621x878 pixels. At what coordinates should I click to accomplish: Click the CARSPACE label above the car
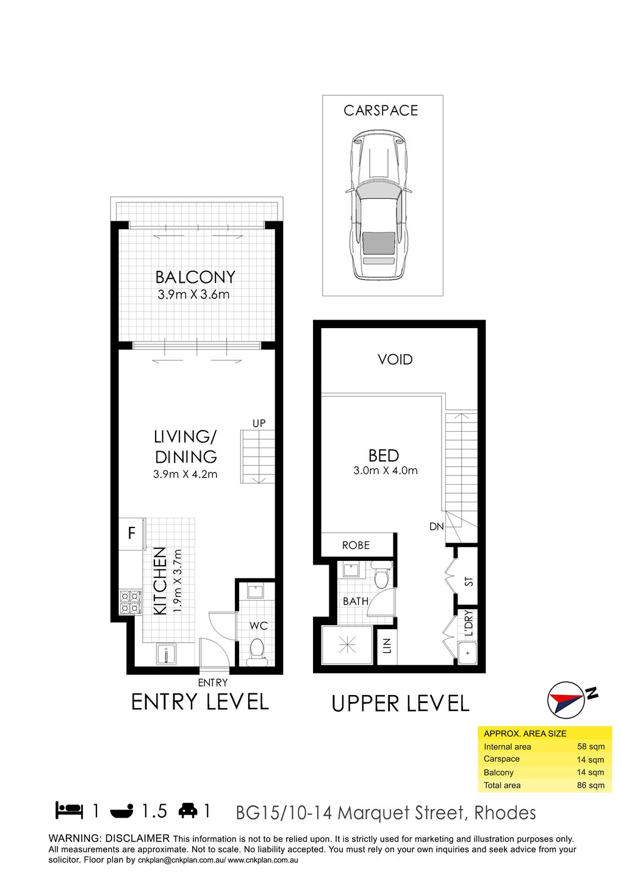pyautogui.click(x=380, y=111)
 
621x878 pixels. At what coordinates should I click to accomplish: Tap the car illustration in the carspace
pyautogui.click(x=378, y=205)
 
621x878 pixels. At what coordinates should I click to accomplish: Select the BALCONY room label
pyautogui.click(x=195, y=277)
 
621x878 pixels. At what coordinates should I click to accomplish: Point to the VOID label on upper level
pyautogui.click(x=395, y=360)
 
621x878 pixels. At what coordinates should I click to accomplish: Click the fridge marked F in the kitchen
pyautogui.click(x=132, y=534)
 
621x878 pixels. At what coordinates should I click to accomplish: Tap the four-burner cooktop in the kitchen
pyautogui.click(x=131, y=602)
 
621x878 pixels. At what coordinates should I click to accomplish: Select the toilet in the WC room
pyautogui.click(x=257, y=652)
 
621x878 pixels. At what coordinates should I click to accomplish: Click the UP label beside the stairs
pyautogui.click(x=259, y=423)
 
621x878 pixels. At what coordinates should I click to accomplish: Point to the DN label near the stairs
pyautogui.click(x=436, y=526)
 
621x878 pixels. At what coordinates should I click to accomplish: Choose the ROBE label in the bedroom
pyautogui.click(x=356, y=545)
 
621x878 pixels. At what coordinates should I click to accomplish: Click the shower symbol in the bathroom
pyautogui.click(x=347, y=645)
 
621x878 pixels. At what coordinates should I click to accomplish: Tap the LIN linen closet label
pyautogui.click(x=387, y=646)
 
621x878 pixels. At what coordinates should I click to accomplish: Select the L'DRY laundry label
pyautogui.click(x=468, y=623)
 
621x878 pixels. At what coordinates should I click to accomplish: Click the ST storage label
pyautogui.click(x=468, y=582)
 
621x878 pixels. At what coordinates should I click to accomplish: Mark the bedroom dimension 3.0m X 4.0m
pyautogui.click(x=386, y=470)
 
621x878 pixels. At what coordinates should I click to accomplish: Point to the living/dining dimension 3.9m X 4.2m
pyautogui.click(x=185, y=474)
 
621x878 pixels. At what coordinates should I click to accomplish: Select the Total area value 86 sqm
pyautogui.click(x=590, y=785)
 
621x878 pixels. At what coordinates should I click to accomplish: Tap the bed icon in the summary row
pyautogui.click(x=70, y=810)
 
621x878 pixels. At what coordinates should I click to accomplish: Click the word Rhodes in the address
pyautogui.click(x=505, y=813)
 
